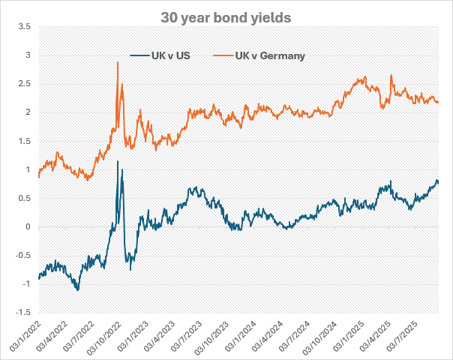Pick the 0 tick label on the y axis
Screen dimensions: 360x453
[29, 226]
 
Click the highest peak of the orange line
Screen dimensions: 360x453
[118, 62]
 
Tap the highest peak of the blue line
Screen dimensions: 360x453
[118, 160]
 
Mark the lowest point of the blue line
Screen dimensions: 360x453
[76, 290]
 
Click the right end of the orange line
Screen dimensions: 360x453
[439, 102]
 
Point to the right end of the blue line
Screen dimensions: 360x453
[439, 182]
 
